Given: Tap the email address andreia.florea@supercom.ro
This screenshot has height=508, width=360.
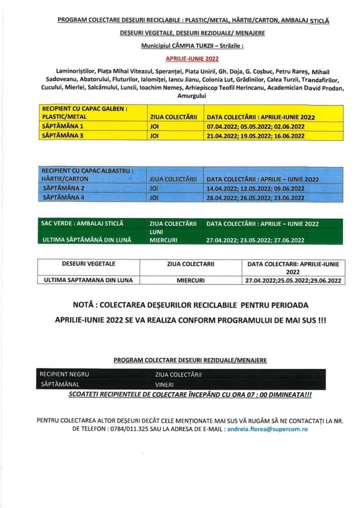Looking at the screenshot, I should [267, 428].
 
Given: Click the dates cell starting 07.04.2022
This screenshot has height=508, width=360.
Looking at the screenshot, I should [255, 127].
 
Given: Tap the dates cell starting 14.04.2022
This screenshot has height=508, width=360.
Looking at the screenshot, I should [255, 189].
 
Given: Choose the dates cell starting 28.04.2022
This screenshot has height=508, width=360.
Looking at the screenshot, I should [255, 197].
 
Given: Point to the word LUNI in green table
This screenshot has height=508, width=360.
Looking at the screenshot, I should [157, 232].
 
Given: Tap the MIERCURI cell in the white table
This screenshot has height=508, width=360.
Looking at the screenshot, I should [191, 280].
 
